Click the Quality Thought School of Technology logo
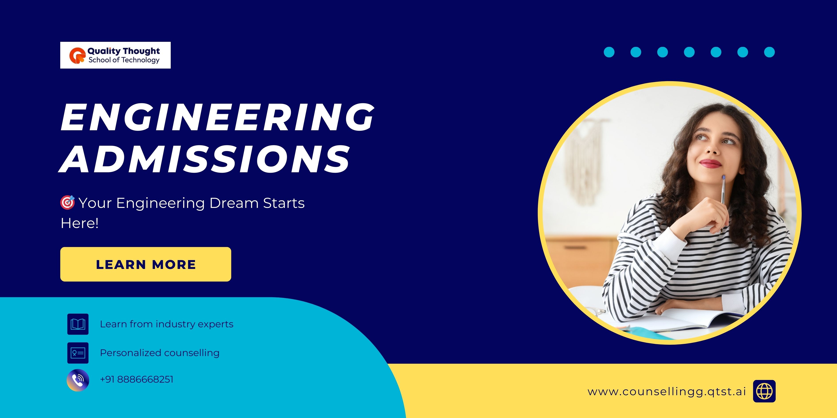coord(115,55)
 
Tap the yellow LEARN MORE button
coord(145,264)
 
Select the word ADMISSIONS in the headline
coord(205,159)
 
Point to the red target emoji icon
coord(68,203)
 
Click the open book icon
coord(78,324)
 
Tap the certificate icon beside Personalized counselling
coord(78,353)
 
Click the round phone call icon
coord(78,380)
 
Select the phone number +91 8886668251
coord(137,379)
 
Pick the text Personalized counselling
coord(159,353)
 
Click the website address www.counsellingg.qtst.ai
coord(667,392)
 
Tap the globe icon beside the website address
coord(764,391)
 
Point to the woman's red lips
coord(711,163)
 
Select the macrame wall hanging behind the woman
coord(585,159)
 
